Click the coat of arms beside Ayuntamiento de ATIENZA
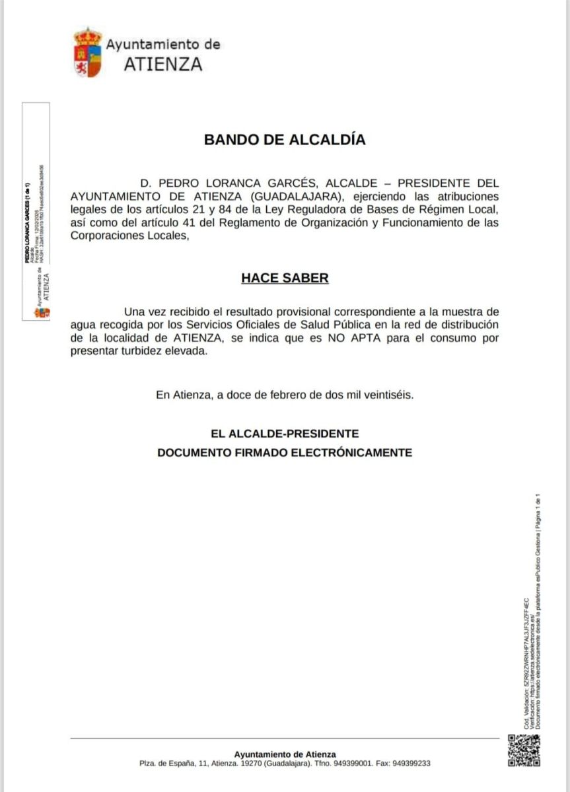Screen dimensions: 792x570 (87, 53)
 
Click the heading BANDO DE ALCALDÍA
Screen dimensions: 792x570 (284, 140)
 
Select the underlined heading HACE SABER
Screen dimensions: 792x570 (284, 278)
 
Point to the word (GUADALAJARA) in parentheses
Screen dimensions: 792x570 (291, 197)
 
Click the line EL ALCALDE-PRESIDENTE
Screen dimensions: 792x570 (284, 434)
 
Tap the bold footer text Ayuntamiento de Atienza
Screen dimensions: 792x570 (285, 754)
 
